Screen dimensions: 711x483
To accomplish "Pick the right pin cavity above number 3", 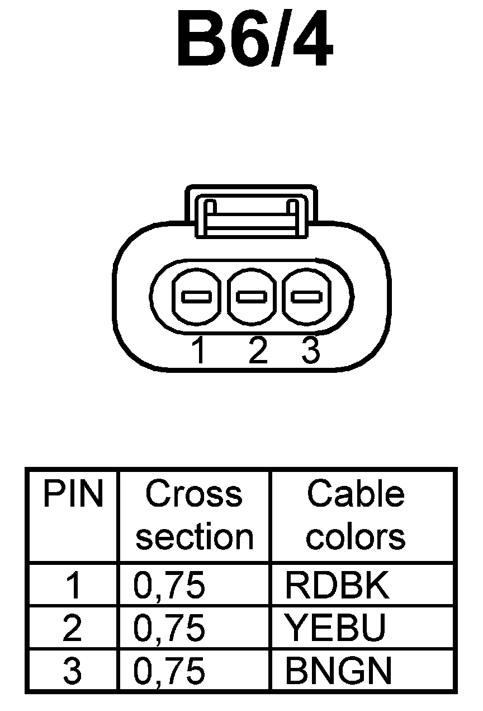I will [306, 296].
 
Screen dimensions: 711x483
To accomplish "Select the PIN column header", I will [73, 495].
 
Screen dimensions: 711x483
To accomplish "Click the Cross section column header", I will [194, 515].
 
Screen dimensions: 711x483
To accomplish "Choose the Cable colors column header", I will [356, 515].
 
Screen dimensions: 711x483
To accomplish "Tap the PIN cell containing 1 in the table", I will [73, 585].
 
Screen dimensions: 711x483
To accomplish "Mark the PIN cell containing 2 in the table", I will [73, 628].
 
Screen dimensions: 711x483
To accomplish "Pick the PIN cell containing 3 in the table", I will [73, 671].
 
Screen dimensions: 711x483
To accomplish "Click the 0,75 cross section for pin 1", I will [169, 586].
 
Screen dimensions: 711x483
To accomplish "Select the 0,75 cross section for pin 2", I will [169, 628].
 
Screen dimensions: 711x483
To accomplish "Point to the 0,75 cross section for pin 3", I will [169, 671].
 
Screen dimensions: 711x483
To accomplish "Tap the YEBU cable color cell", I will [335, 628].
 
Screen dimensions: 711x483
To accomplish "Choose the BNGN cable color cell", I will [338, 671].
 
